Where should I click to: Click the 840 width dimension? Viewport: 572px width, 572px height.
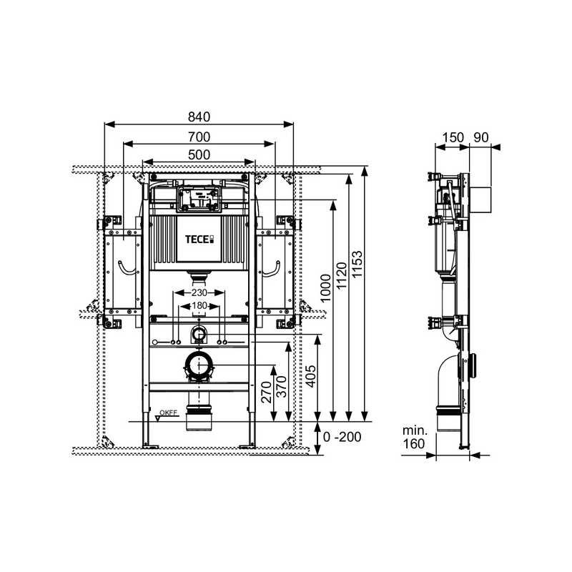point(199,117)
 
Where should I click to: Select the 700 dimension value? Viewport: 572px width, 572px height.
point(199,137)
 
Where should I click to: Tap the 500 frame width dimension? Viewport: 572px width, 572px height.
point(199,154)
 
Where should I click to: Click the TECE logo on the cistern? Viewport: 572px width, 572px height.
point(199,240)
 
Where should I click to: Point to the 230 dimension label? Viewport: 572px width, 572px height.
point(199,292)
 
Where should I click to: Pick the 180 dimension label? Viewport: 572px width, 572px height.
point(199,305)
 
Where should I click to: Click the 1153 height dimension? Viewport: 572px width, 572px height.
point(357,264)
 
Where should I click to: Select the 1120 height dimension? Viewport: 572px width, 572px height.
point(342,276)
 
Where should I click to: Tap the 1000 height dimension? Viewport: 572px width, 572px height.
point(325,288)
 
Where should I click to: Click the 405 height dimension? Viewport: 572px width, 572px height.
point(310,376)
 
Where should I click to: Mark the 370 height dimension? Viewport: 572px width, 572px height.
point(282,387)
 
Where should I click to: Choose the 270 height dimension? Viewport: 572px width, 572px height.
point(266,392)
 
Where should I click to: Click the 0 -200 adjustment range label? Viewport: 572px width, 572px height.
point(342,437)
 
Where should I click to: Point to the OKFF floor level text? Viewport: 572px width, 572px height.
point(168,413)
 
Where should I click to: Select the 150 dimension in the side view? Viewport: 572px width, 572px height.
point(453,137)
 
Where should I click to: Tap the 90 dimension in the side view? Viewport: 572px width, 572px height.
point(480,137)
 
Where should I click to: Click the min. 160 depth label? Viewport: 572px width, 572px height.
point(415,437)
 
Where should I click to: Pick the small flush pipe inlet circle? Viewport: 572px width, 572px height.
point(199,333)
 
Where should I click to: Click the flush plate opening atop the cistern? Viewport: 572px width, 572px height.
point(199,199)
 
